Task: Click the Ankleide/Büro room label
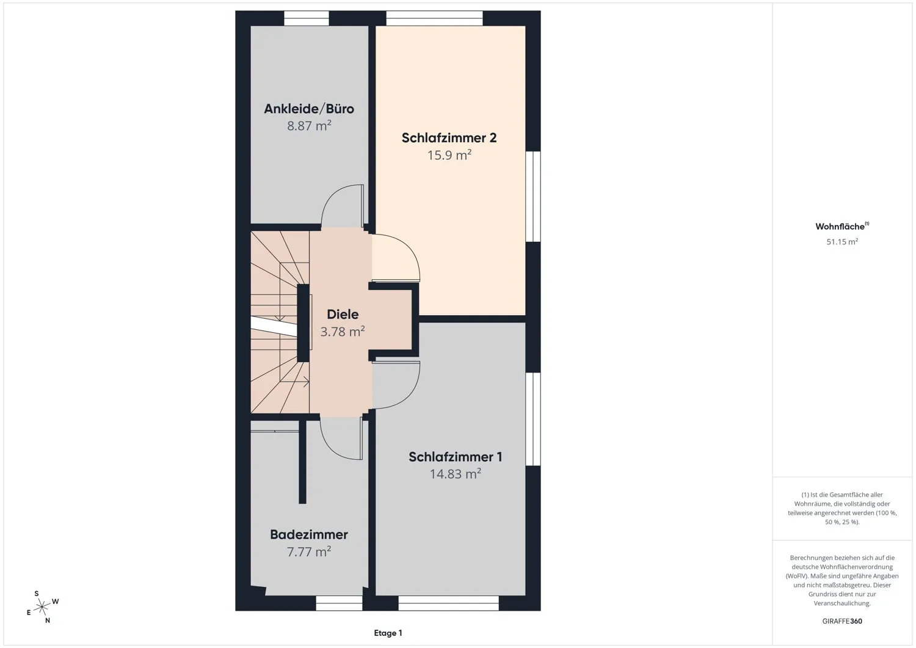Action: pos(309,109)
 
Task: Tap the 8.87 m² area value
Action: pos(309,126)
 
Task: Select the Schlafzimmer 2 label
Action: pos(449,138)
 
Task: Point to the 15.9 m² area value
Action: pos(449,155)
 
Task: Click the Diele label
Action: pos(343,314)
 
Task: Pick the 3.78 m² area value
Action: pos(343,332)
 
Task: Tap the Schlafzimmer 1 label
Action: pos(455,457)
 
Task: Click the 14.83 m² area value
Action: pos(455,474)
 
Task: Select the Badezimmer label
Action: pos(309,534)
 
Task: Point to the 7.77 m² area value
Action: pos(309,552)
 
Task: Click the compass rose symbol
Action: pos(42,607)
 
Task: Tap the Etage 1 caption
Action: pos(388,633)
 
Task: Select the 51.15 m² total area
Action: pos(842,242)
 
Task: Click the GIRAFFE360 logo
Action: pos(842,621)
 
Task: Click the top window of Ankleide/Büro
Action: pos(307,18)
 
